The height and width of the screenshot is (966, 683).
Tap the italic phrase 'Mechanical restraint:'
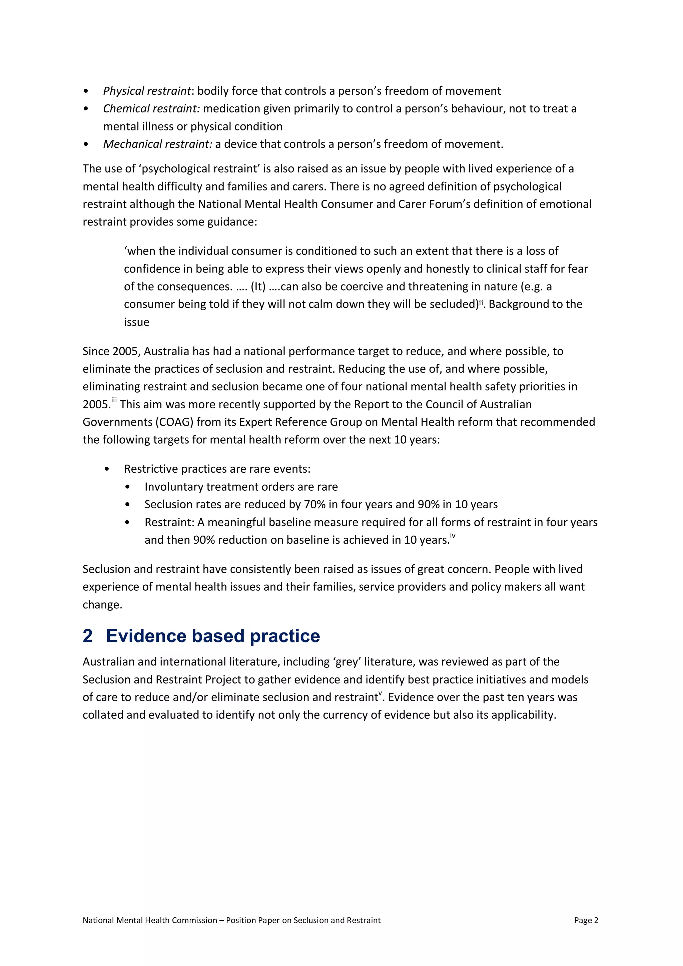click(158, 144)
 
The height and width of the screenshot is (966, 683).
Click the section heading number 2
click(87, 636)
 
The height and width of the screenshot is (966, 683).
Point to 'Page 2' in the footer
click(586, 920)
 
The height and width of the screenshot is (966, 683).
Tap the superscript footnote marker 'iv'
click(453, 536)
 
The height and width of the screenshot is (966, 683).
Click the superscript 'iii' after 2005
click(114, 401)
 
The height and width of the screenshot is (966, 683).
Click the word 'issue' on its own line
click(136, 322)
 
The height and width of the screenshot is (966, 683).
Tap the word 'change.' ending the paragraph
click(102, 605)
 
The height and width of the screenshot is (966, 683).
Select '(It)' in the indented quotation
click(258, 287)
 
